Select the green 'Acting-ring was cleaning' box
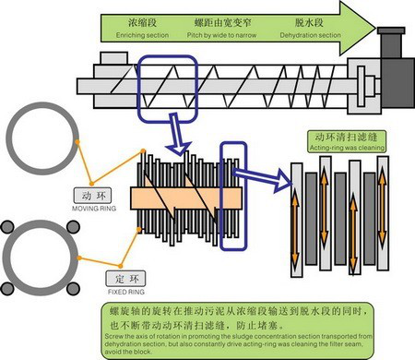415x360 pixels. coord(344,146)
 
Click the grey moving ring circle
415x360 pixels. coord(36,138)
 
